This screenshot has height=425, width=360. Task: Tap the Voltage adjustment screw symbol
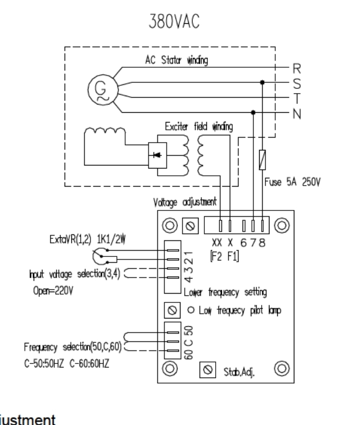click(189, 226)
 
